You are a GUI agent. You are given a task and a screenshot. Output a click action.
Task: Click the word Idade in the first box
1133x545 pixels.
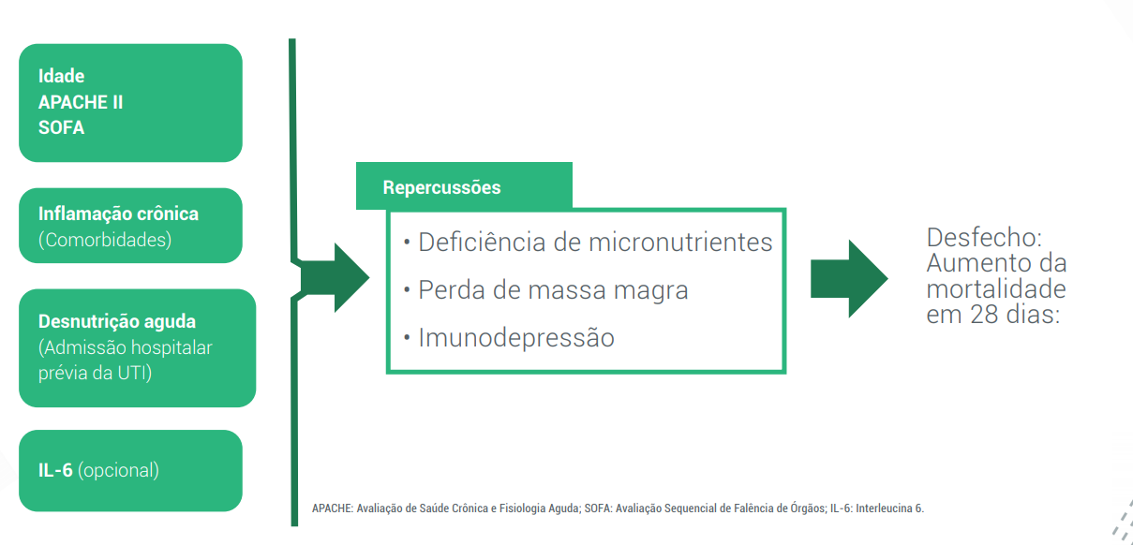62,76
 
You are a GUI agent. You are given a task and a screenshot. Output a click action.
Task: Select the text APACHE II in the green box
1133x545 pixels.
81,102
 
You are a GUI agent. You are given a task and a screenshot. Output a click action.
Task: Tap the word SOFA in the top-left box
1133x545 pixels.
62,127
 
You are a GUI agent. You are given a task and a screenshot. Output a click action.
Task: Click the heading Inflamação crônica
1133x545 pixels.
118,214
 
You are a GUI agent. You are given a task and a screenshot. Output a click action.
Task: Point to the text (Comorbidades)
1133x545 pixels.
105,240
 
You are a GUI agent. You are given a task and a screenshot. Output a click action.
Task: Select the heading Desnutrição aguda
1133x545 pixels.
117,321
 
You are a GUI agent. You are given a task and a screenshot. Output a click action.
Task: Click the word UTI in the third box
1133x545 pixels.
133,373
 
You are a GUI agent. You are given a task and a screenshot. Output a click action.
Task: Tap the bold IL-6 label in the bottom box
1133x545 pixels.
55,470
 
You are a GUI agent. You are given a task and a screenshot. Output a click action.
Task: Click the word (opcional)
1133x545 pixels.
119,470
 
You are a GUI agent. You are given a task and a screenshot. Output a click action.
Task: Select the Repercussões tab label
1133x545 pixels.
441,187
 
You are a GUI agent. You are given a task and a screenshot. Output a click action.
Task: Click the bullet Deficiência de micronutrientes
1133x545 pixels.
595,243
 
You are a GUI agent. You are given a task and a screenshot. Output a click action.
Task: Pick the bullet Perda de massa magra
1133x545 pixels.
553,290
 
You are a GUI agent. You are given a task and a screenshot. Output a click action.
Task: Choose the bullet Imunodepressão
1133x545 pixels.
516,337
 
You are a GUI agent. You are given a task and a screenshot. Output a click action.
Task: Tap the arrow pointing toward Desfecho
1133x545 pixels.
848,278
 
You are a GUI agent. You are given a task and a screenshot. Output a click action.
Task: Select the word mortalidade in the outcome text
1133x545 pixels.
996,288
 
